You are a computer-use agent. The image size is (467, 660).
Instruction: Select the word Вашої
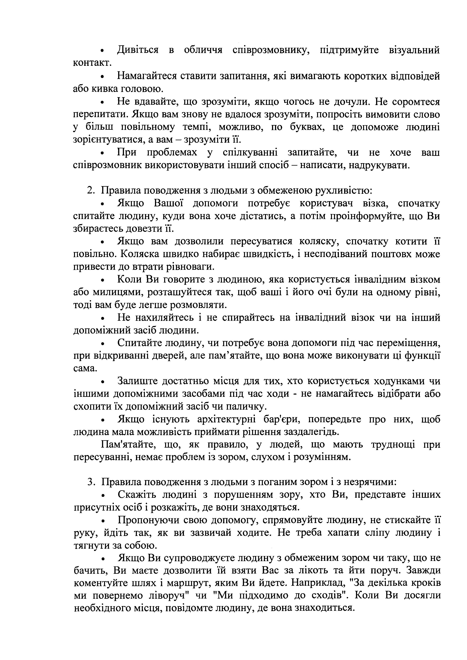pyautogui.click(x=169, y=203)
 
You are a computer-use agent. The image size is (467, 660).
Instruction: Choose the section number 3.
pyautogui.click(x=90, y=482)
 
